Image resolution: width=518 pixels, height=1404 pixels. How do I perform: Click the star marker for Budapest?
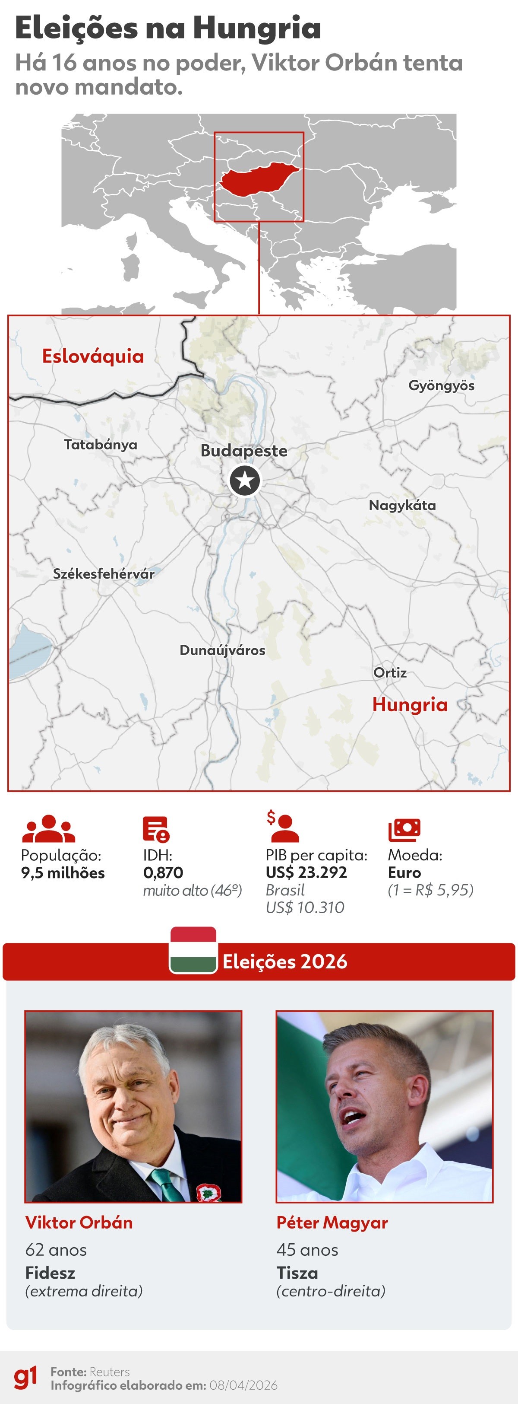(245, 481)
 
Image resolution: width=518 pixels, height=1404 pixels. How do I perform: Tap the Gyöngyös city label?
(441, 386)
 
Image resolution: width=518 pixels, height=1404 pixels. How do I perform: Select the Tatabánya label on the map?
(101, 445)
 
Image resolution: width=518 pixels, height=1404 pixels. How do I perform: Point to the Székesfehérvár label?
(104, 574)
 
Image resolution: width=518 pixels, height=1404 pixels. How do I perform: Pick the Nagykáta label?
(402, 505)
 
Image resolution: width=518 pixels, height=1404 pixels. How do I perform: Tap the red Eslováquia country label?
(93, 357)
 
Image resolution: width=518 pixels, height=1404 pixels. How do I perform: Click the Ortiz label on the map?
(390, 672)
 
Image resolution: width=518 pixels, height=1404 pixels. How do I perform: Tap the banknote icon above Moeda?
(404, 830)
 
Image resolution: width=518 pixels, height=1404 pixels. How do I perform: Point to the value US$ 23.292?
(306, 872)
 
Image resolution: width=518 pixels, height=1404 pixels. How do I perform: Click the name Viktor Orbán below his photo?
(79, 1223)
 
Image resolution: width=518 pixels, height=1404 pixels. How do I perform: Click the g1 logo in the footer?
(25, 1377)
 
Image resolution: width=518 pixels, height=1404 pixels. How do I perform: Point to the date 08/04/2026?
(243, 1385)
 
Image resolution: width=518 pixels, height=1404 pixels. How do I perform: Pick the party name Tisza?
(297, 1273)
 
